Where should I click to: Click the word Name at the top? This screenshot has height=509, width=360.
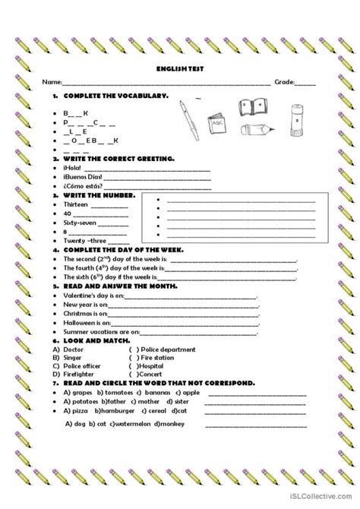50,81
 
